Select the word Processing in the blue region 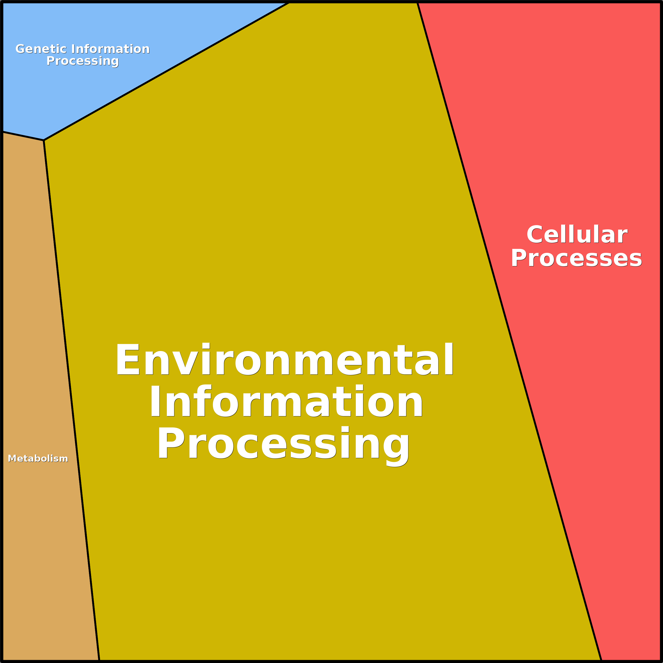pos(83,61)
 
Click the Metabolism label pos(38,458)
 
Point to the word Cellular pos(577,235)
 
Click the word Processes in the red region pos(576,258)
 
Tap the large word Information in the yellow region pos(286,401)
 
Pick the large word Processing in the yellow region pos(283,443)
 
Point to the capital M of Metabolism pos(12,458)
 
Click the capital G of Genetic pos(20,49)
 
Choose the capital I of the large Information pos(155,401)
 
